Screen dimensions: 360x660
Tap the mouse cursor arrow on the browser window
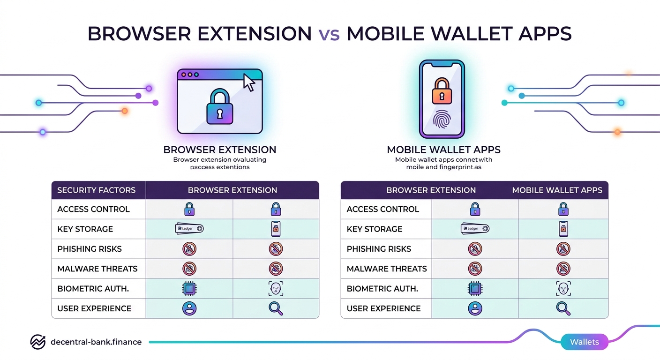pos(249,83)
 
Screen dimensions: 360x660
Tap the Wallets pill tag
pos(585,342)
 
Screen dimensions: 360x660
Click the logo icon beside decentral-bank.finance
pos(37,342)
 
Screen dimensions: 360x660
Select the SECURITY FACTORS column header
pos(96,190)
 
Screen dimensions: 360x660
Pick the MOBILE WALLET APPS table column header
pos(557,190)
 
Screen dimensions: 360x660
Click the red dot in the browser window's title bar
pos(184,75)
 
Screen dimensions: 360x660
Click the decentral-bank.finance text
pos(96,342)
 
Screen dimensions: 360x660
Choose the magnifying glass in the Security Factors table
pos(276,308)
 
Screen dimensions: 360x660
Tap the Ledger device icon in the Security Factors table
pos(189,229)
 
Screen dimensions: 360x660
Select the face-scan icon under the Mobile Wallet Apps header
pos(562,288)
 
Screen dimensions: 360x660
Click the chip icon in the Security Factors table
pos(189,288)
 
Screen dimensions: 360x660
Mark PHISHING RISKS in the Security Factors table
pos(90,249)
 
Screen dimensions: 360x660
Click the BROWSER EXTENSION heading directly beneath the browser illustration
pos(219,150)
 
